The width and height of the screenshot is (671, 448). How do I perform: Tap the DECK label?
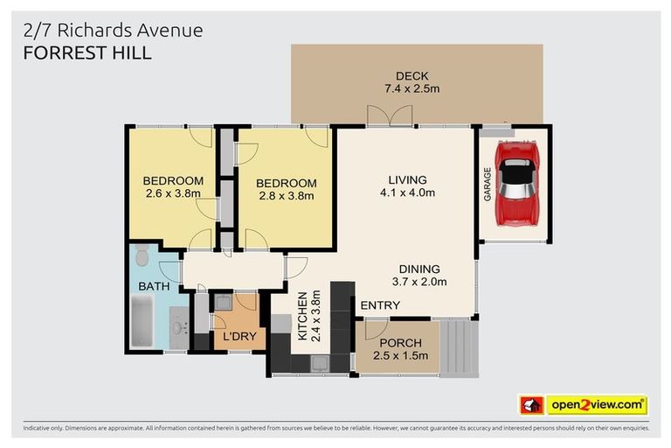412,76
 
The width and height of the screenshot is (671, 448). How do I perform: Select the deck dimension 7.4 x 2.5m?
412,89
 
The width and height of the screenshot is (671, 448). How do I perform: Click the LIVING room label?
407,179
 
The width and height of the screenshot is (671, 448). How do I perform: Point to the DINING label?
419,269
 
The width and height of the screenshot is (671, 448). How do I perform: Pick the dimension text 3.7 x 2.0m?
419,282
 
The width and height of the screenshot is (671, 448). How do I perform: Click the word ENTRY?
380,305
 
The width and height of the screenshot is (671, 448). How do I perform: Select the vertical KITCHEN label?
302,316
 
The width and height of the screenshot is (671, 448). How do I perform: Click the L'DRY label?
237,336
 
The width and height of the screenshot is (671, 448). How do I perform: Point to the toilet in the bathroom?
143,260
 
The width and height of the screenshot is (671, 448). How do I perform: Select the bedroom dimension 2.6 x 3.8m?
172,194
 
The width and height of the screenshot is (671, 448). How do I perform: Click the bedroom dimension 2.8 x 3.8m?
287,196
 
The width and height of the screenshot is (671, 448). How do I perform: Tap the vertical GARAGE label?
488,184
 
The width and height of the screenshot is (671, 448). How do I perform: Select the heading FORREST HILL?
87,52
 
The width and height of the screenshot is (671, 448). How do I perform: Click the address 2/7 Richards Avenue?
114,30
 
